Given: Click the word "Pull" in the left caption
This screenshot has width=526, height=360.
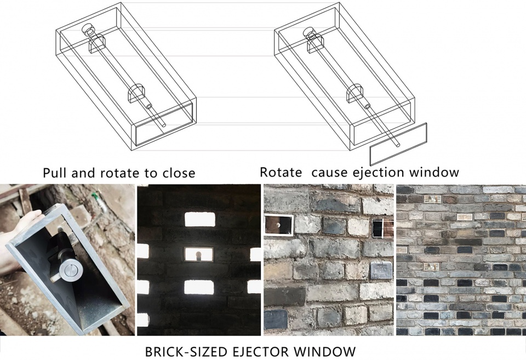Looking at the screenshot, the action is click(55, 173).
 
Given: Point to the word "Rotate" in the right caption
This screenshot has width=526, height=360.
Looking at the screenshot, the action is click(281, 172).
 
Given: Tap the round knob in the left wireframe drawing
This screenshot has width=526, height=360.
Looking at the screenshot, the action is click(89, 30).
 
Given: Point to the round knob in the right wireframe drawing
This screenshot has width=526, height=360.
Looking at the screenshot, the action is click(310, 33).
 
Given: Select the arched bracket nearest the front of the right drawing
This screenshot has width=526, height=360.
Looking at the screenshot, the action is click(356, 92).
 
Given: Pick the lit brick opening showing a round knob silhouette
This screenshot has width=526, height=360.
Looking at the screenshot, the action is click(198, 254).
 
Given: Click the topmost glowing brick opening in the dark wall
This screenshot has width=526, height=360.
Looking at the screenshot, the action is click(200, 219).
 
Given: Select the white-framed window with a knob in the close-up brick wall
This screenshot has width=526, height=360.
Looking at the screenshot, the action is click(279, 225).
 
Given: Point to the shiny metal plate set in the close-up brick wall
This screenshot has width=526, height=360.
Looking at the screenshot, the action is click(381, 271).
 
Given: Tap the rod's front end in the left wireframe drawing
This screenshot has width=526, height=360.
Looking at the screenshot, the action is click(164, 125).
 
